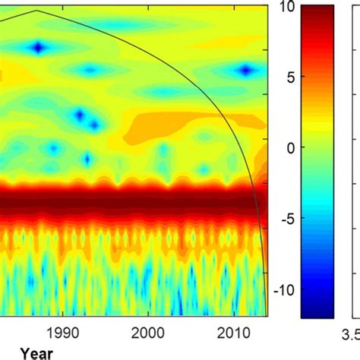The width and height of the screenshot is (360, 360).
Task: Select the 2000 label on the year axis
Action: (148, 332)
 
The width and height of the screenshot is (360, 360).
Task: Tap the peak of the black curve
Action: (36, 11)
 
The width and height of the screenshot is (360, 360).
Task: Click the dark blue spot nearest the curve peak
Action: (39, 48)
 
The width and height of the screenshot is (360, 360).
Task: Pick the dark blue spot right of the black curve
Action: (245, 70)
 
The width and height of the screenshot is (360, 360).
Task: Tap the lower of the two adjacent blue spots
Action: (95, 125)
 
